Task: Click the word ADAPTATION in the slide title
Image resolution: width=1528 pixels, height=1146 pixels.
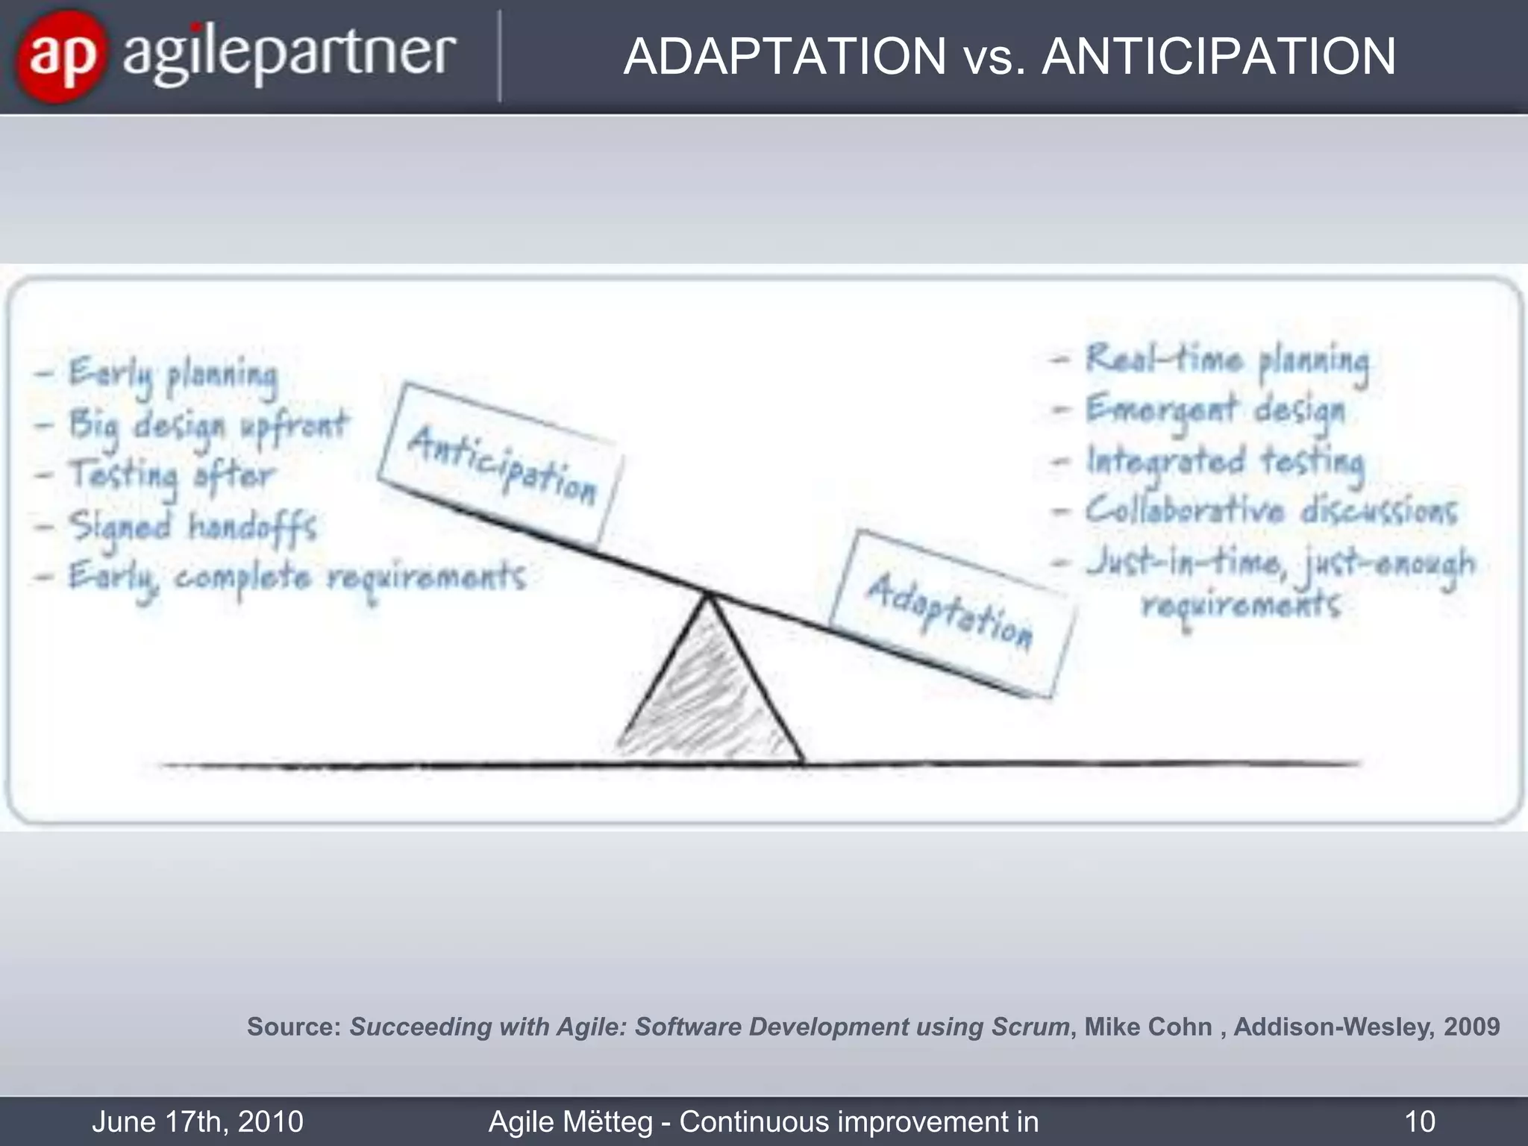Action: pyautogui.click(x=785, y=57)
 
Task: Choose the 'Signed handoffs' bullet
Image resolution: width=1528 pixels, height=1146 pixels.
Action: pyautogui.click(x=192, y=527)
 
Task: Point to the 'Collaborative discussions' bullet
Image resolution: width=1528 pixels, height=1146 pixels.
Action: pyautogui.click(x=1270, y=512)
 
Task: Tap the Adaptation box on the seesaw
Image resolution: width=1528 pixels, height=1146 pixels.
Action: pyautogui.click(x=951, y=610)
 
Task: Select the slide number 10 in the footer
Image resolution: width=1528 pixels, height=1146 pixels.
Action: pyautogui.click(x=1419, y=1121)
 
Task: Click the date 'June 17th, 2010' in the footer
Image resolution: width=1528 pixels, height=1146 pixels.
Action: pyautogui.click(x=198, y=1121)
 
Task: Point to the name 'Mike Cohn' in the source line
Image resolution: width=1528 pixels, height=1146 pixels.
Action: pyautogui.click(x=1147, y=1027)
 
